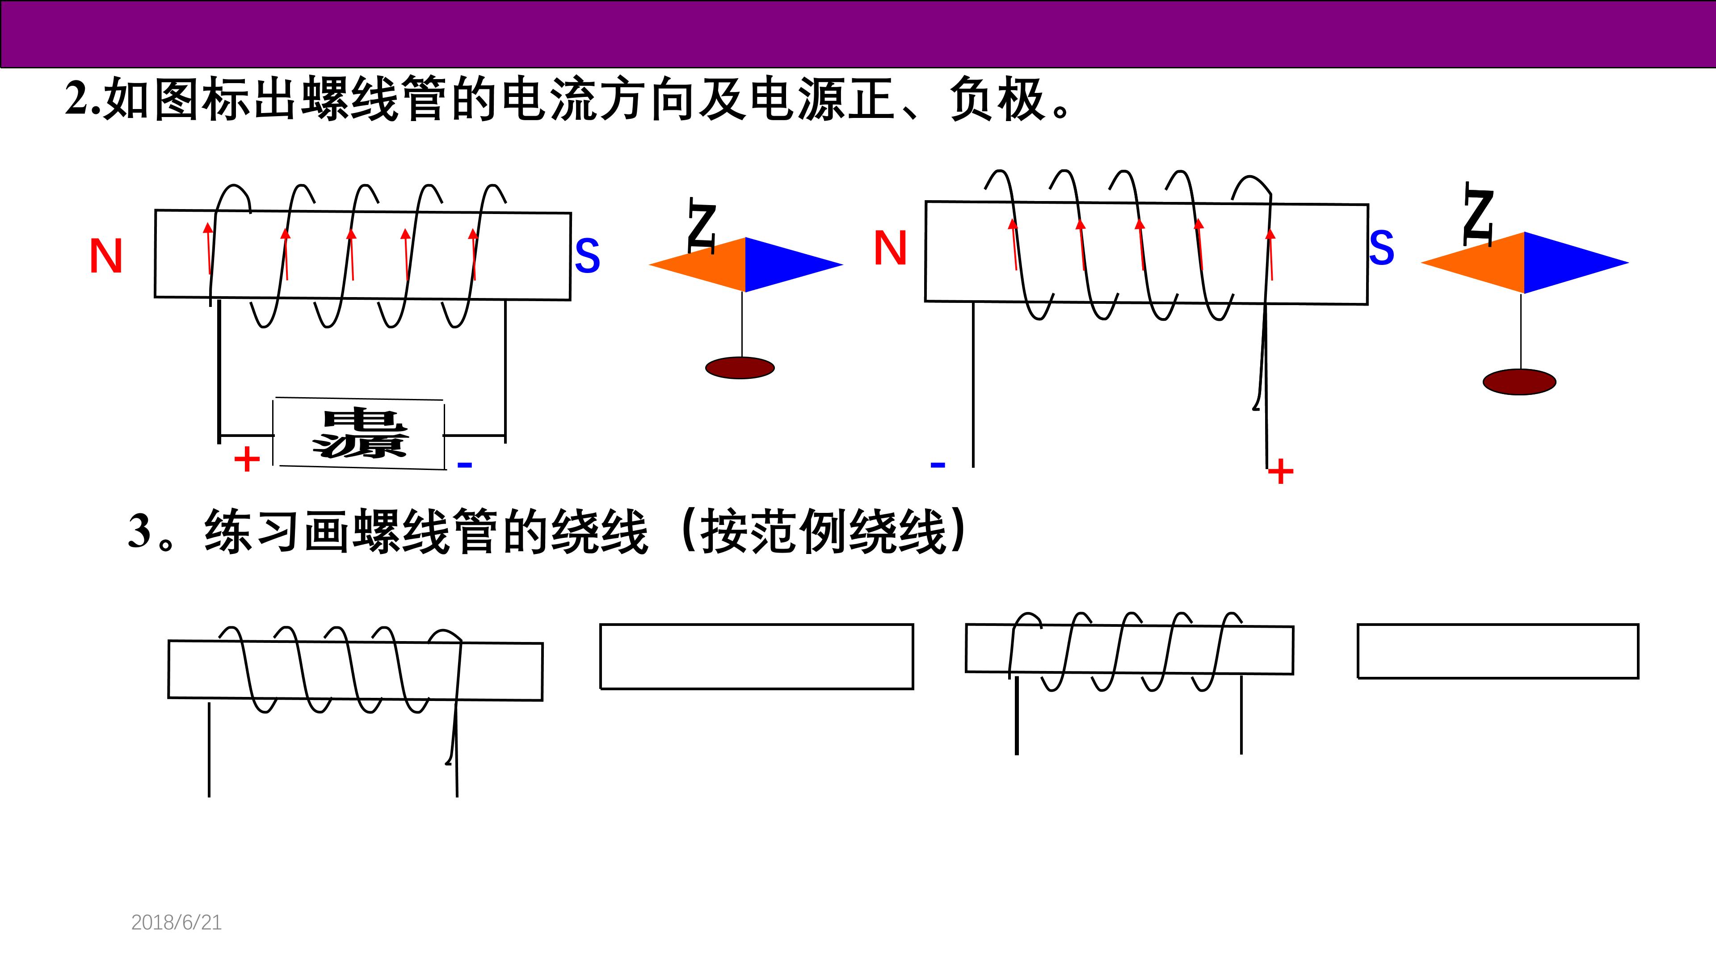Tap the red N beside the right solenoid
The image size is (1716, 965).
click(x=890, y=248)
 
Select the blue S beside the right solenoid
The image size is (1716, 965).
click(x=1382, y=248)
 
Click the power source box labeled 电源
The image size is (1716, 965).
click(x=359, y=433)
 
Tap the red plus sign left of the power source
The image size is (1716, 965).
click(x=247, y=459)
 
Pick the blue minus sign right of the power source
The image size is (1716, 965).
click(x=465, y=464)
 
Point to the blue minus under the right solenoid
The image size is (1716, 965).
click(x=938, y=464)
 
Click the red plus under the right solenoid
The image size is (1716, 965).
click(x=1280, y=472)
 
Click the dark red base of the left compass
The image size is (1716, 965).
click(x=740, y=368)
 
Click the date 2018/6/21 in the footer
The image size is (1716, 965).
click(x=177, y=923)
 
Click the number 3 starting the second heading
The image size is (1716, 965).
click(x=140, y=531)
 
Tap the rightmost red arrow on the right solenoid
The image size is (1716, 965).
click(x=1270, y=254)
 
